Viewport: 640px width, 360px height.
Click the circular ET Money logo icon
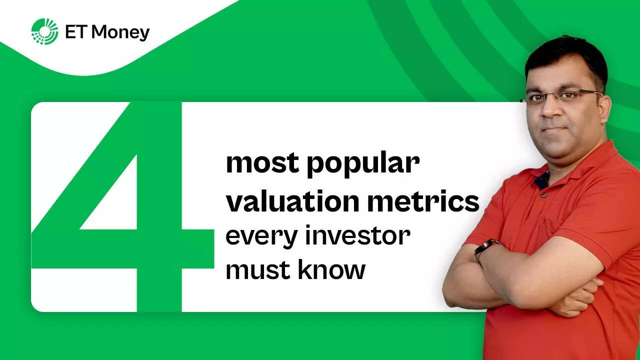click(x=44, y=31)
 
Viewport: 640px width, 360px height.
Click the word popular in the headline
click(x=363, y=164)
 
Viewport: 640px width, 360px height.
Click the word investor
click(x=357, y=235)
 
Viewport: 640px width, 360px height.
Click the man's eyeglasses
click(x=560, y=96)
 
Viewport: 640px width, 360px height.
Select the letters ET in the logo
click(x=74, y=32)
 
